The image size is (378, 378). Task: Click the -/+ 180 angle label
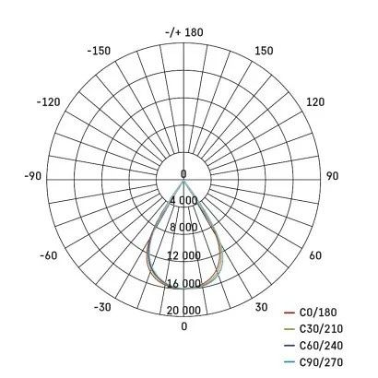tap(184, 32)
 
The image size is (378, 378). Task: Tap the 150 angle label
tap(264, 51)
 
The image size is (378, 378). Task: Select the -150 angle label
tap(99, 51)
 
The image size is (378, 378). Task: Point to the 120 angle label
tap(315, 102)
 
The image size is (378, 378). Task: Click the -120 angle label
tap(49, 102)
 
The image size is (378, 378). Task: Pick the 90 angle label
tap(332, 176)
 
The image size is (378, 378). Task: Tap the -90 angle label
tap(33, 176)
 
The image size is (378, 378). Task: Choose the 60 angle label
tap(315, 255)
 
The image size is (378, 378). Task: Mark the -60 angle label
tap(49, 255)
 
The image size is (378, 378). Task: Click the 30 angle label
tap(261, 307)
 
